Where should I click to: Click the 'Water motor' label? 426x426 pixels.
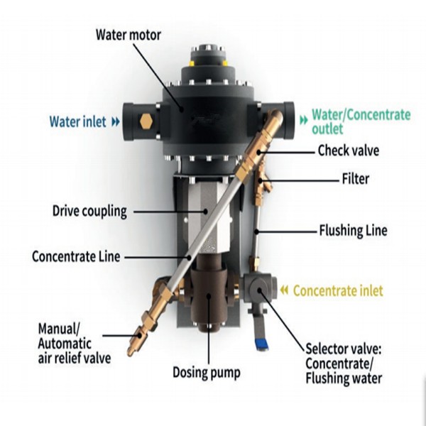(x=129, y=35)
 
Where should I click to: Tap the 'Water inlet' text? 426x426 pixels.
(x=77, y=121)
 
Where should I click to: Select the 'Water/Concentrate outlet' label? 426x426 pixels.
(x=361, y=121)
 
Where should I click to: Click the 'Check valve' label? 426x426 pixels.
(x=349, y=151)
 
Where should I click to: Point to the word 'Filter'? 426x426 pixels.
(x=356, y=179)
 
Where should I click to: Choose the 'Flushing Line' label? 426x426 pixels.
(x=353, y=230)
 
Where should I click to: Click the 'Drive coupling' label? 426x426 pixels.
(x=89, y=212)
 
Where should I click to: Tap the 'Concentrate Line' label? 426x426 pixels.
(x=76, y=256)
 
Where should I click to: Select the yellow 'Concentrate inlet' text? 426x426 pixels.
(x=338, y=290)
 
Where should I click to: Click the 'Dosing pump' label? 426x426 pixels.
(x=207, y=373)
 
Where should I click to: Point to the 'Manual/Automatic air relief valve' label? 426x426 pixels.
(x=74, y=343)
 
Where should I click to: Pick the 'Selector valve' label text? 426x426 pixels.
(x=344, y=364)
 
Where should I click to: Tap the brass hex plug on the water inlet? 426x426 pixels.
(x=147, y=121)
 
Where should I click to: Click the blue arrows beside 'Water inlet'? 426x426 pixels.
(x=116, y=121)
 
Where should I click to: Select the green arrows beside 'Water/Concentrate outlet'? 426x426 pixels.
(x=303, y=120)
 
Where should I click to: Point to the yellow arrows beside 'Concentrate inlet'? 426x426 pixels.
(x=284, y=290)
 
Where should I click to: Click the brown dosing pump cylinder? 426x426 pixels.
(x=209, y=293)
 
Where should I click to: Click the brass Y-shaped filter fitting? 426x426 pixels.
(x=261, y=182)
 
